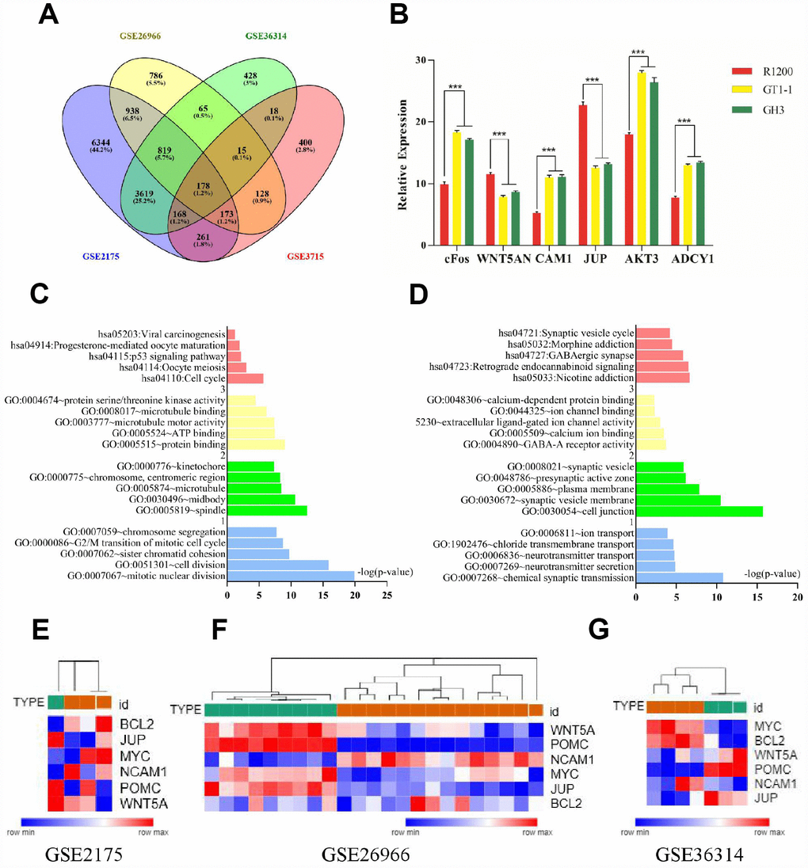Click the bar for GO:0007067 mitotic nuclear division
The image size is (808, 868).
coord(291,575)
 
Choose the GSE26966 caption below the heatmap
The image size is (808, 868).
coord(361,853)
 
